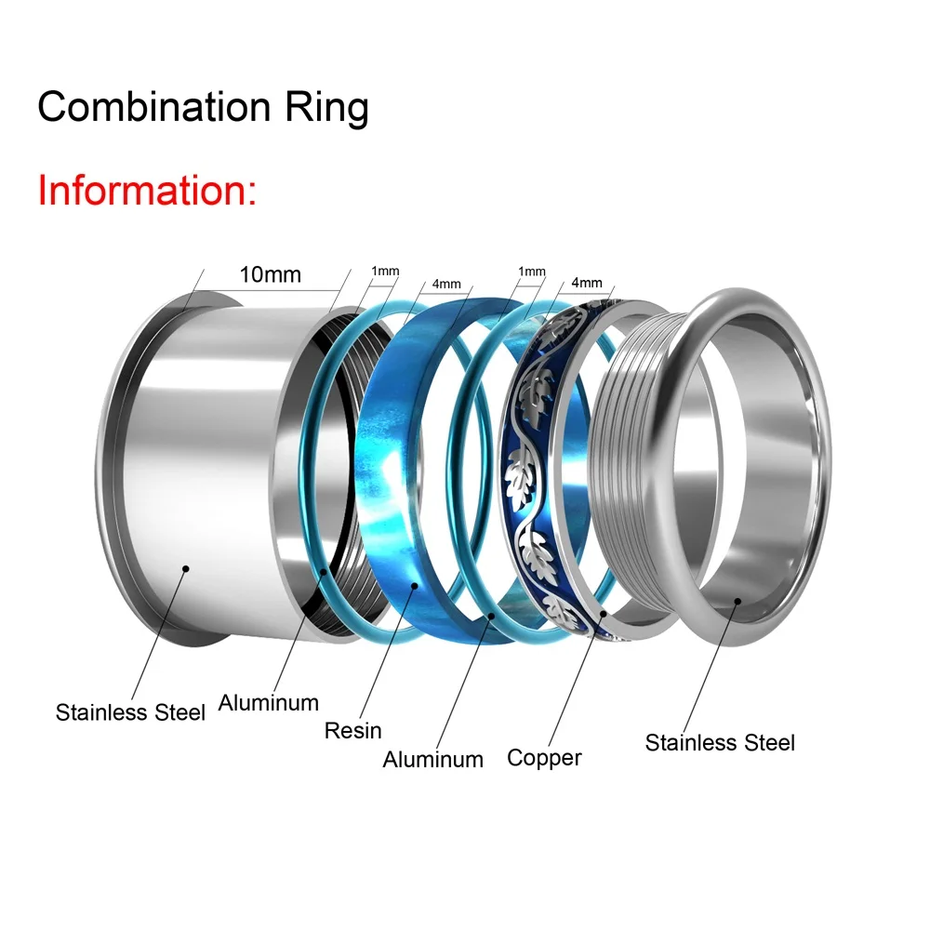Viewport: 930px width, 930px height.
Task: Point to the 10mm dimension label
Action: click(x=270, y=275)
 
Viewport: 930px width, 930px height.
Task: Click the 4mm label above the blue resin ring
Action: click(x=446, y=283)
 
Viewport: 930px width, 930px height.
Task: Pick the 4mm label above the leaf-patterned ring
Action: click(x=588, y=283)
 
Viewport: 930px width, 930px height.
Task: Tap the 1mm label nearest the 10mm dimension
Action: click(x=385, y=272)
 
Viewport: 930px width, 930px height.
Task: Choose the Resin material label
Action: click(x=353, y=730)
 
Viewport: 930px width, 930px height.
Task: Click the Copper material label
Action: click(x=544, y=758)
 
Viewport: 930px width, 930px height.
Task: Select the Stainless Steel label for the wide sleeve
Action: click(x=130, y=713)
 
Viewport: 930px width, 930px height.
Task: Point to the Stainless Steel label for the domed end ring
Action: click(x=720, y=743)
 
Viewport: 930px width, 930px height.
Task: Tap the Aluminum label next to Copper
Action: click(x=432, y=759)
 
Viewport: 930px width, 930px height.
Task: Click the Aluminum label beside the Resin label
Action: click(x=268, y=702)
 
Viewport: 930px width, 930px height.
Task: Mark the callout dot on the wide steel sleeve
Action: click(x=187, y=567)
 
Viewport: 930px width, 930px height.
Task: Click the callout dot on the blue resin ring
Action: click(x=414, y=586)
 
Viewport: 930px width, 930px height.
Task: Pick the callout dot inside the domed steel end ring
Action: click(x=737, y=601)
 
